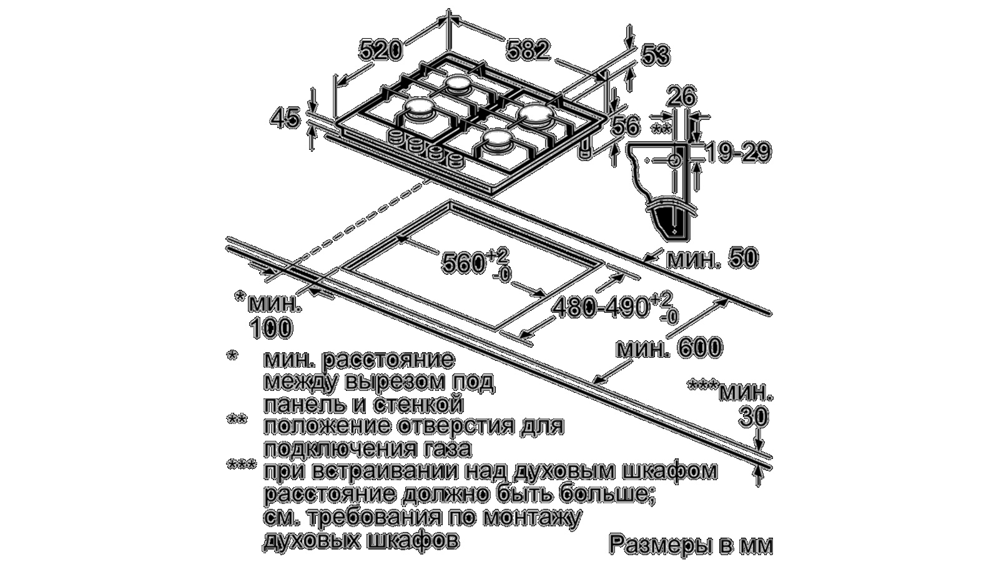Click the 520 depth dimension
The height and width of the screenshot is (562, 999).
click(x=380, y=50)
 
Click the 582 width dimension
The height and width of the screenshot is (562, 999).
click(x=528, y=50)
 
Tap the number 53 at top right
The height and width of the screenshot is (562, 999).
click(x=653, y=56)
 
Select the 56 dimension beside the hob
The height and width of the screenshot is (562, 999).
click(x=625, y=127)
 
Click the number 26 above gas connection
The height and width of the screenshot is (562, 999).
click(x=681, y=96)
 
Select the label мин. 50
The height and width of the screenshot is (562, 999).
click(x=712, y=257)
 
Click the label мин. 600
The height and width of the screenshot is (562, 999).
click(x=669, y=348)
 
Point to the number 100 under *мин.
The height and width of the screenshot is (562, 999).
click(x=270, y=327)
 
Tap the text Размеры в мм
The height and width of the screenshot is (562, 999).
click(x=691, y=544)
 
